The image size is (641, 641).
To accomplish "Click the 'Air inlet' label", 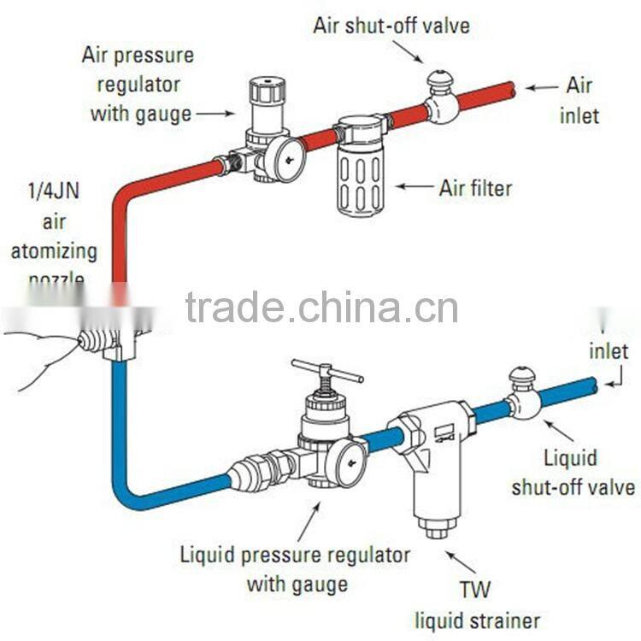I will (x=579, y=99).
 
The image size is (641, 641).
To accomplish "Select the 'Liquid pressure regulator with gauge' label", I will (x=296, y=569).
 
